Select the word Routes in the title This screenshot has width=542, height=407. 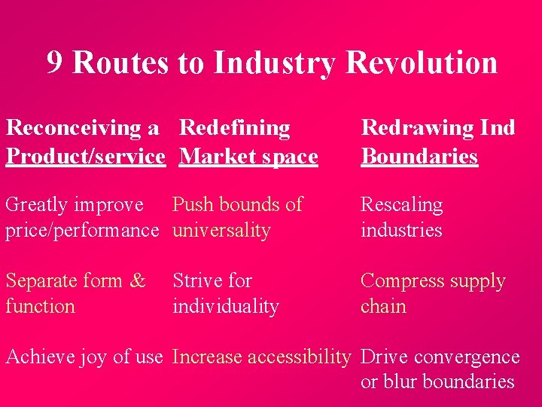pyautogui.click(x=120, y=63)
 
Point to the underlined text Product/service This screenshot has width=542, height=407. pyautogui.click(x=85, y=156)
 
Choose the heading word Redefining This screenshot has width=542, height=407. pyautogui.click(x=235, y=128)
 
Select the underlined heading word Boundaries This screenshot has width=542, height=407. pyautogui.click(x=419, y=156)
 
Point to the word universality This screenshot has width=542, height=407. pyautogui.click(x=221, y=230)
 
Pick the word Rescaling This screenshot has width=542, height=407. pyautogui.click(x=401, y=204)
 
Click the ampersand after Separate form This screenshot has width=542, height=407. pyautogui.click(x=138, y=281)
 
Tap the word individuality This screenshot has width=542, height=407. pyautogui.click(x=226, y=307)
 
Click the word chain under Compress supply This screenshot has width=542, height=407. pyautogui.click(x=383, y=307)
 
